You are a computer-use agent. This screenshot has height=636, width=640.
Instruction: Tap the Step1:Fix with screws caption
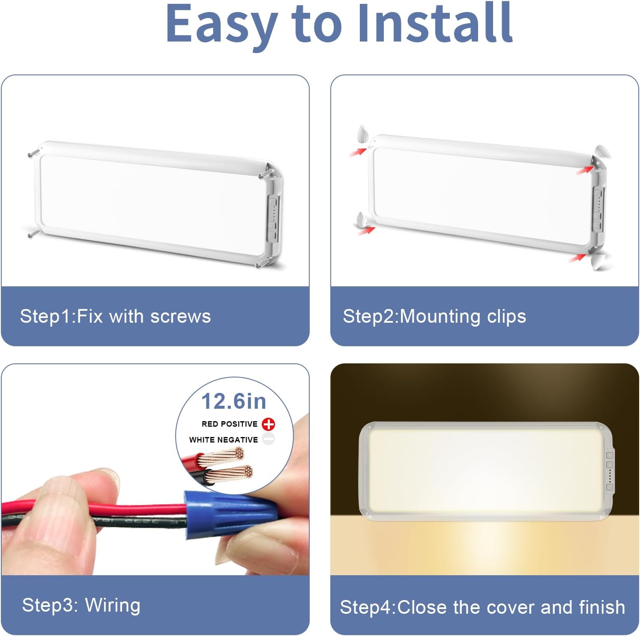(115, 316)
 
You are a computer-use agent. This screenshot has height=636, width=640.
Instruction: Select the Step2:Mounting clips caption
(434, 316)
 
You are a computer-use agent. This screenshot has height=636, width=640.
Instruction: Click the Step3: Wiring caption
(81, 605)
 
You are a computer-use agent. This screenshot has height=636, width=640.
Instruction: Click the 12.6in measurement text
(234, 401)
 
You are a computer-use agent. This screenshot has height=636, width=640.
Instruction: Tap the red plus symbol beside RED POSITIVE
(268, 424)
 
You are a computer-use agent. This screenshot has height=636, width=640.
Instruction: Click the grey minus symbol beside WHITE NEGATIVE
(268, 439)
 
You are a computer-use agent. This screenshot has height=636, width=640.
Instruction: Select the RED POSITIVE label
(229, 424)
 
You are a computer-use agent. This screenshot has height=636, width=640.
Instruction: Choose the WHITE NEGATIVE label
(223, 440)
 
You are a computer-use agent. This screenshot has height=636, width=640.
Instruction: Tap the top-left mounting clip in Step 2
(362, 134)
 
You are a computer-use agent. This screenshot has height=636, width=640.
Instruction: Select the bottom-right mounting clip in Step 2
(600, 262)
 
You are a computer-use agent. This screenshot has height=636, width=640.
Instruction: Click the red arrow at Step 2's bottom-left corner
(366, 231)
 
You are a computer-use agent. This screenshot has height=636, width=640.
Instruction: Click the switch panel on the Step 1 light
(272, 218)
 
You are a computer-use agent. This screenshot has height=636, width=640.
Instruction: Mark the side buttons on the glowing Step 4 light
(610, 471)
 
